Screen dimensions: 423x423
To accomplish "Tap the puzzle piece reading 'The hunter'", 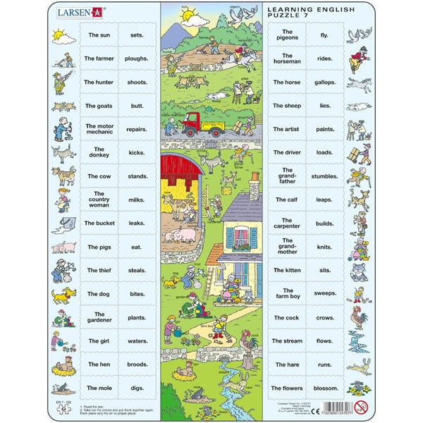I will click(99, 82).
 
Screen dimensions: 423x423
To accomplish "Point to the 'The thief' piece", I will click(99, 270).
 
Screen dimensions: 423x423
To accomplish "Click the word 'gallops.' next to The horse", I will click(325, 82).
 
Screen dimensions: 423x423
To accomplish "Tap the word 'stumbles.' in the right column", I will click(325, 176).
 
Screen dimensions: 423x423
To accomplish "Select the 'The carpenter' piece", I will click(287, 223).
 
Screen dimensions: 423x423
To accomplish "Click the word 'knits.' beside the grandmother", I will click(325, 247).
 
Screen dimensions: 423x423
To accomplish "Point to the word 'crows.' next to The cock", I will click(325, 317).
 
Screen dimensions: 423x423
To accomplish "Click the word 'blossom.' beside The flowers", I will click(325, 388).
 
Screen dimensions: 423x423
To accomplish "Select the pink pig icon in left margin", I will click(63, 247).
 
